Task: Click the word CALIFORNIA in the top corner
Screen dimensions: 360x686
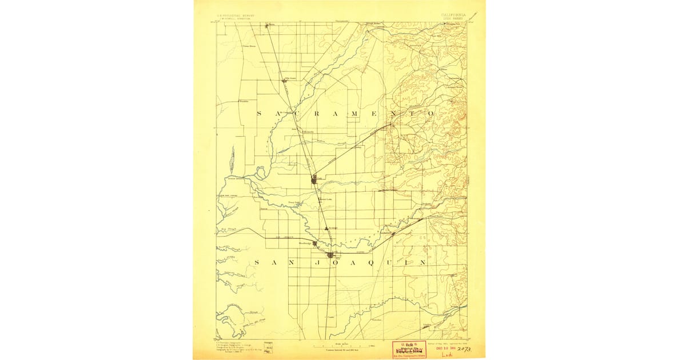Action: click(453, 15)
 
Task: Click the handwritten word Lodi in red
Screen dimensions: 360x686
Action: click(447, 354)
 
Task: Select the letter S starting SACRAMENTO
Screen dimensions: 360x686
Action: click(258, 114)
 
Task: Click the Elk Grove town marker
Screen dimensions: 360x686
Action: click(286, 82)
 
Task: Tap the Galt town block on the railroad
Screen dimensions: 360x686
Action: click(314, 180)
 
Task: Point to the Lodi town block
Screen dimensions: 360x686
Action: click(331, 255)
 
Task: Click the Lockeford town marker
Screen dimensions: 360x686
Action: click(393, 234)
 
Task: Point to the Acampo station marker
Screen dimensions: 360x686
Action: click(327, 229)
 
